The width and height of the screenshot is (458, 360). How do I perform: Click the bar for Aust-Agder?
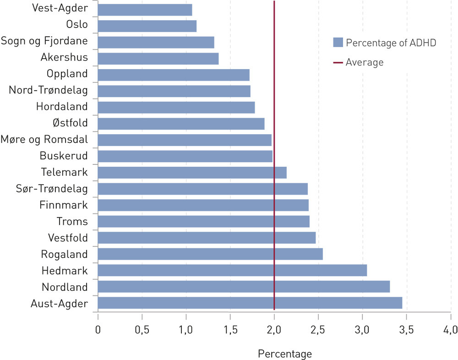pyautogui.click(x=250, y=303)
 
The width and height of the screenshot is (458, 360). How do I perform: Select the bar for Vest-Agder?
pyautogui.click(x=145, y=10)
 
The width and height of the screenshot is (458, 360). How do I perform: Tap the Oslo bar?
pyautogui.click(x=147, y=26)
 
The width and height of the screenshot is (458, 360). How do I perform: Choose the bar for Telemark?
pyautogui.click(x=192, y=173)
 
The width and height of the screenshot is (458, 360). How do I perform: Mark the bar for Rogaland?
pyautogui.click(x=210, y=254)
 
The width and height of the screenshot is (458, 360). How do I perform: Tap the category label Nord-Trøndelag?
pyautogui.click(x=48, y=90)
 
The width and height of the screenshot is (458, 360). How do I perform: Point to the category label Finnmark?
pyautogui.click(x=63, y=205)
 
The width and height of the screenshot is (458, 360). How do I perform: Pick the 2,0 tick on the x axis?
pyautogui.click(x=274, y=329)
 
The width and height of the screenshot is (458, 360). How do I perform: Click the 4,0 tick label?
pyautogui.click(x=451, y=329)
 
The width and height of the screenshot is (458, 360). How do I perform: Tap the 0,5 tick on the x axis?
pyautogui.click(x=142, y=329)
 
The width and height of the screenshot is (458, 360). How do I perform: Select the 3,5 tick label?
pyautogui.click(x=407, y=329)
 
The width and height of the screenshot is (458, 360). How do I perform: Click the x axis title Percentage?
pyautogui.click(x=285, y=354)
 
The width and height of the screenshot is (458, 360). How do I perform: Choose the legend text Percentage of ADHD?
pyautogui.click(x=391, y=43)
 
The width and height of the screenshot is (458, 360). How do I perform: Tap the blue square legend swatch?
pyautogui.click(x=338, y=43)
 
